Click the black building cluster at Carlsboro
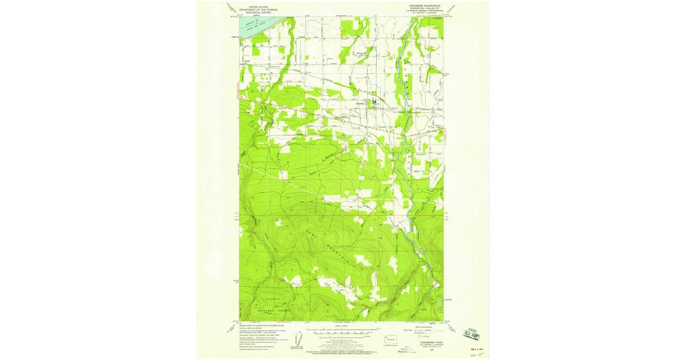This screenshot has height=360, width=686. [374, 102]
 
